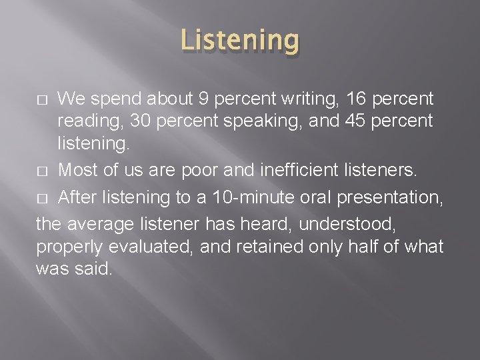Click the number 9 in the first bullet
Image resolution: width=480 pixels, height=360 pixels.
coord(204,99)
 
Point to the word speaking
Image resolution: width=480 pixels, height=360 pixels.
coord(251,123)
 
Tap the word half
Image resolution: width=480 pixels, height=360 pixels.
coord(368,246)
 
